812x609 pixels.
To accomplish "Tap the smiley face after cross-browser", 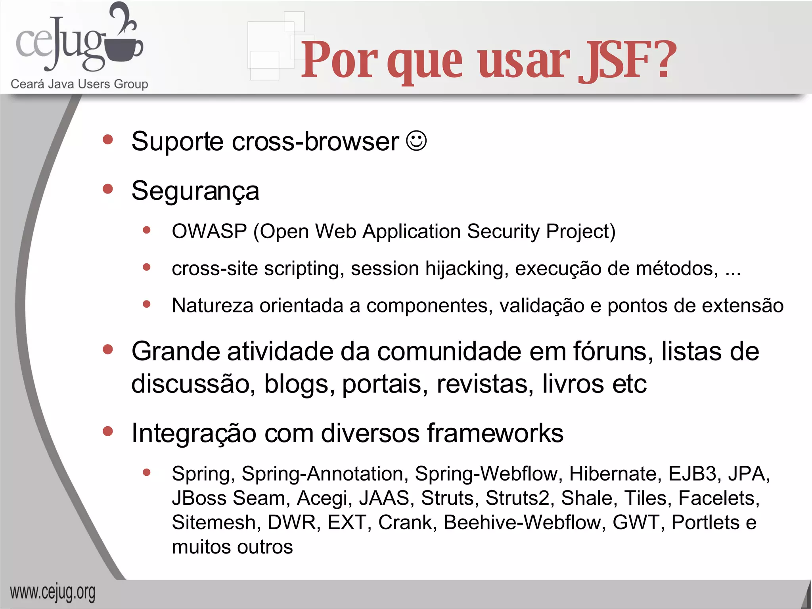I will pos(416,141).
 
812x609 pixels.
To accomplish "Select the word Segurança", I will pos(195,191).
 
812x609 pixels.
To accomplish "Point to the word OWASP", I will pos(209,232).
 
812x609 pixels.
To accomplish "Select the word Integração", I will pos(194,433).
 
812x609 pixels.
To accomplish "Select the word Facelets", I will pos(718,498).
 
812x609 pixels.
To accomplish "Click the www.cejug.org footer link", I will pos(53,593).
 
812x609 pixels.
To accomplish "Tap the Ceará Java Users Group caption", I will pos(79,84).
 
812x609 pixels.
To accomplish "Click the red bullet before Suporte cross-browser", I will pos(107,140).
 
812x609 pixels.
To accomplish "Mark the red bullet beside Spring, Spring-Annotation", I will pos(147,472).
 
